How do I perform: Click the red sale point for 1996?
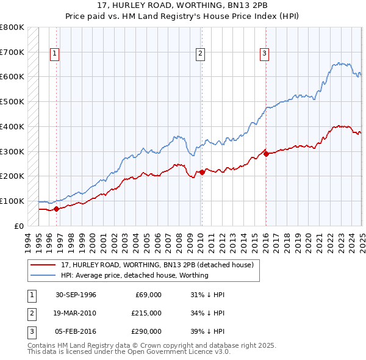(x=56, y=209)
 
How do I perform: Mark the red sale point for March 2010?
(x=202, y=172)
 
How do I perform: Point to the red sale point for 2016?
(x=266, y=154)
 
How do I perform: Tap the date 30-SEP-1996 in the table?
(x=76, y=295)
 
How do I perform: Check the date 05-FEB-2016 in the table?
(x=76, y=331)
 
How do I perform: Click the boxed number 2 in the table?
(x=30, y=312)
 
